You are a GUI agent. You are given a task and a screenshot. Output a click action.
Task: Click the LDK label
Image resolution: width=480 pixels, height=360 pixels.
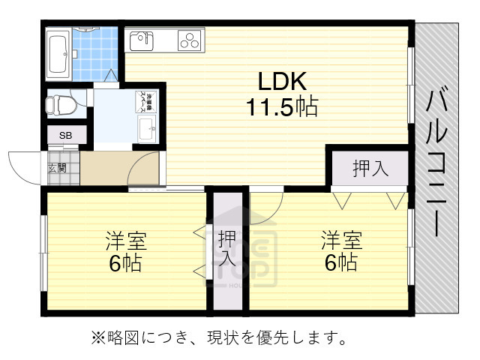point(282,80)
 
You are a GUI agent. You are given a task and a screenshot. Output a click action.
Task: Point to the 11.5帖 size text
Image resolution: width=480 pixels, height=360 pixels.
point(282,106)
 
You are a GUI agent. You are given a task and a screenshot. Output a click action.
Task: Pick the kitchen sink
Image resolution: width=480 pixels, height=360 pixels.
point(142,40)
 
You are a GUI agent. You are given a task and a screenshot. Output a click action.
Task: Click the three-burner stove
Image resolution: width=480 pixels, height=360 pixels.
point(191,40)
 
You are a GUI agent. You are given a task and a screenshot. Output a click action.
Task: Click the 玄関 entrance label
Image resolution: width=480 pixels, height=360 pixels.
point(56,168)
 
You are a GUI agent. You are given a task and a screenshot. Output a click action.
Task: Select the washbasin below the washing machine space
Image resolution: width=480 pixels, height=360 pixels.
point(146,128)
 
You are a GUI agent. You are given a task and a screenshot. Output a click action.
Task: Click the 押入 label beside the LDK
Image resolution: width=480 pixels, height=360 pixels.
point(370,168)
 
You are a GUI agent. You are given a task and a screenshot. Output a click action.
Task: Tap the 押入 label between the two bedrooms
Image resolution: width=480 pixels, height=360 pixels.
point(227,250)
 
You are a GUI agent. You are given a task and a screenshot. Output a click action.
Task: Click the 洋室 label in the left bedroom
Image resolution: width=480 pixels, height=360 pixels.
point(125,241)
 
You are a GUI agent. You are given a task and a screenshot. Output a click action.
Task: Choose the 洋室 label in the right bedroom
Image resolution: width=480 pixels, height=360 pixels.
point(342,241)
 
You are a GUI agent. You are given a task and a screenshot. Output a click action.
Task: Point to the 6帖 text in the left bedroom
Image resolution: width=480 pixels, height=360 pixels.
point(125,263)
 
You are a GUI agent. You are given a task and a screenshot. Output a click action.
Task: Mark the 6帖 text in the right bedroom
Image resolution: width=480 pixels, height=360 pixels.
point(342,263)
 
